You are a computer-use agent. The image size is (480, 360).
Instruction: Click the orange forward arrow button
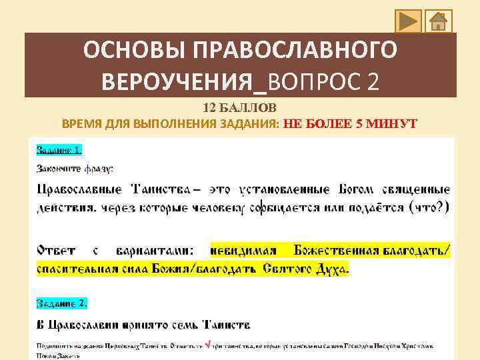[407, 21]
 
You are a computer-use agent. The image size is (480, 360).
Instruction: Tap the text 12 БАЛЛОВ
[239, 108]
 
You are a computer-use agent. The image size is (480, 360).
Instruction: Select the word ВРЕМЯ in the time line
[81, 123]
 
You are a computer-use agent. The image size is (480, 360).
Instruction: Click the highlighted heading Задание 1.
[60, 149]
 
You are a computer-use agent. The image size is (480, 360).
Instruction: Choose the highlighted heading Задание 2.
[62, 303]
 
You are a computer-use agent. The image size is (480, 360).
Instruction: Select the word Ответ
[56, 251]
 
